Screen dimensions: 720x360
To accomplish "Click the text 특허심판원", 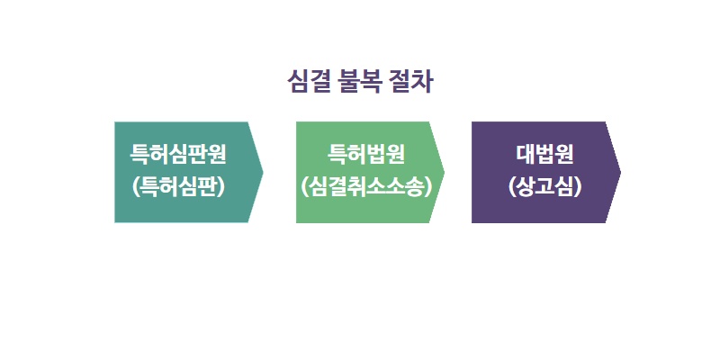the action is coord(178,155).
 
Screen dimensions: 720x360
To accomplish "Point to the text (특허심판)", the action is coord(178,187).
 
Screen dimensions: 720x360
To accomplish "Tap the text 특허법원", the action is coord(366,155).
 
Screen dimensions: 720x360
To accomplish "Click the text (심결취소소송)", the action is coord(366,187).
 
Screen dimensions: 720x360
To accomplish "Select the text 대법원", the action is coord(544,155).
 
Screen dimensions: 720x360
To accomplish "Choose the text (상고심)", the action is coord(544,187).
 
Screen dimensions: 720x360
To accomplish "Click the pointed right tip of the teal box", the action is coord(263,172).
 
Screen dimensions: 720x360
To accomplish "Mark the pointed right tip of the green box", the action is coord(445,172).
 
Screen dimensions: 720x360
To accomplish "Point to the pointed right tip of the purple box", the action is coord(620,172).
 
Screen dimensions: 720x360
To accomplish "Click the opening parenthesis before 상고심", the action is coord(510,187).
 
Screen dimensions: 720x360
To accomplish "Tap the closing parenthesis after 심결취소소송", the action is coord(429,187).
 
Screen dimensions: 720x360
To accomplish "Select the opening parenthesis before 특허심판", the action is coord(135,187).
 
